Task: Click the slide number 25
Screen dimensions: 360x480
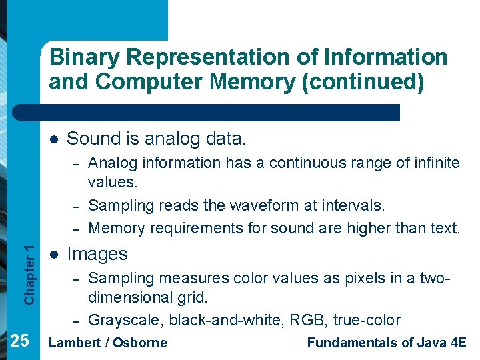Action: click(x=20, y=341)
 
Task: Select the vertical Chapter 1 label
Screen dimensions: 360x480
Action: click(x=29, y=274)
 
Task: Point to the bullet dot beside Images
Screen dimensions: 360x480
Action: click(x=53, y=255)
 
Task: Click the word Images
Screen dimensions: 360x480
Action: click(x=97, y=254)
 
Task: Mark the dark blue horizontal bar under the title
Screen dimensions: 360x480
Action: click(x=220, y=112)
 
